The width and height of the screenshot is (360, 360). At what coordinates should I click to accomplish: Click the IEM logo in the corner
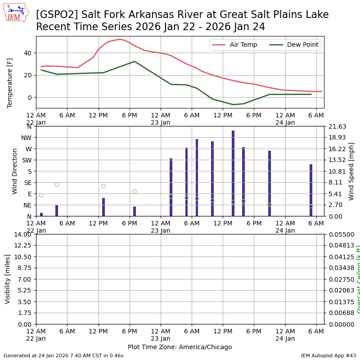click(16, 13)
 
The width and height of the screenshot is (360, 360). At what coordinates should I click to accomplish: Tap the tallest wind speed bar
click(233, 173)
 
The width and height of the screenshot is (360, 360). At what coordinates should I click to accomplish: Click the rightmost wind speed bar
click(311, 190)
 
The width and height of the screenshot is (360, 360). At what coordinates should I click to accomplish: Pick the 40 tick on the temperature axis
click(28, 53)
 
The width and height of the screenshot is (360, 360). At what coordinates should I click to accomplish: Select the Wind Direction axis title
click(15, 171)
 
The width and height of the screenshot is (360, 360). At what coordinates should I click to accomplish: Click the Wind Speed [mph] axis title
click(351, 171)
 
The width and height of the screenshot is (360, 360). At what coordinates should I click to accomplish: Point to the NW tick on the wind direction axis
click(27, 138)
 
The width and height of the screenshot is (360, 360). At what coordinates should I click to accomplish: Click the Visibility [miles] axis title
click(8, 279)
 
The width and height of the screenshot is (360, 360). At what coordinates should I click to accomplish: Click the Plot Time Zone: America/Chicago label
click(180, 347)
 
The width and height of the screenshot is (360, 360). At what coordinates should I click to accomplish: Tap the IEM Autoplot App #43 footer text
click(328, 355)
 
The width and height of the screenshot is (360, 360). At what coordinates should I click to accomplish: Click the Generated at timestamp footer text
click(63, 355)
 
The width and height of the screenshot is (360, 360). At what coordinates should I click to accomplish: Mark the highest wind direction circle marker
click(57, 184)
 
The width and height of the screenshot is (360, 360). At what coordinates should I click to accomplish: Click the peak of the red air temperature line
click(119, 39)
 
